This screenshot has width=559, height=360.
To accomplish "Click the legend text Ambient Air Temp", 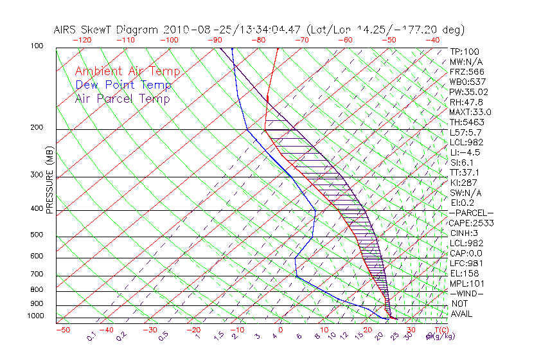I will pos(127,71).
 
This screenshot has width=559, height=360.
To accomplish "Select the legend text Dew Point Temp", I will pos(123,85).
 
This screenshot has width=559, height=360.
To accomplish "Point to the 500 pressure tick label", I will pos(37,235).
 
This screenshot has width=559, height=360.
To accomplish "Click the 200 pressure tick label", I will pos(37,128).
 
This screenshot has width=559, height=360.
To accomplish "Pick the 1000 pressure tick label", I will pos(35,316).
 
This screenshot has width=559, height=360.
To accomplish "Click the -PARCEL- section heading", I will pos(471,213).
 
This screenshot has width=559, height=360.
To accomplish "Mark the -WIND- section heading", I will pos(467,293).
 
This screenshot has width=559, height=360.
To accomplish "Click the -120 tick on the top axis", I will pos(82,40).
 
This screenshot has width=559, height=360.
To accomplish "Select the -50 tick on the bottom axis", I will pos(62,330).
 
